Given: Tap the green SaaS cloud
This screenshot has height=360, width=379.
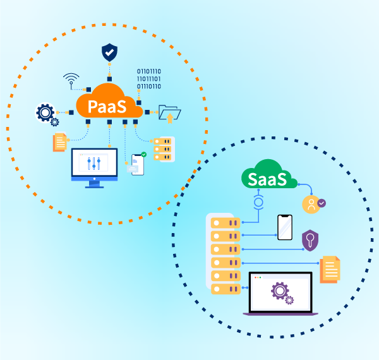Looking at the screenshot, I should [268, 175].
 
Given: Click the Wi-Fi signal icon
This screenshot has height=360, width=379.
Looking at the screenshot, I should [71, 80].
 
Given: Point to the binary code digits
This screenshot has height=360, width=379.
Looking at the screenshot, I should [149, 79].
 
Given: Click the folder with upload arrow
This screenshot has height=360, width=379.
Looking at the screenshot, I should [169, 113].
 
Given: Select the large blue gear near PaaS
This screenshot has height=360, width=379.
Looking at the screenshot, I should [45, 113].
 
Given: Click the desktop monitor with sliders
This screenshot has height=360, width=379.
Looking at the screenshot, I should [94, 165].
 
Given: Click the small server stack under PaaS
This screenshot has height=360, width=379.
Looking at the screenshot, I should [164, 149].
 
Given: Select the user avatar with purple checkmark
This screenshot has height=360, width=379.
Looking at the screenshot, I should [311, 205].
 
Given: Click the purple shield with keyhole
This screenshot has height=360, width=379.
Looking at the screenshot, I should [310, 240].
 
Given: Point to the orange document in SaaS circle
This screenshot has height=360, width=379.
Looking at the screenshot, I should [331, 269].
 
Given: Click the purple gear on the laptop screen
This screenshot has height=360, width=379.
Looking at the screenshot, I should [280, 291].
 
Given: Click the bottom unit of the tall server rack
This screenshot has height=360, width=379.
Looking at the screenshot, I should [224, 289].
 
